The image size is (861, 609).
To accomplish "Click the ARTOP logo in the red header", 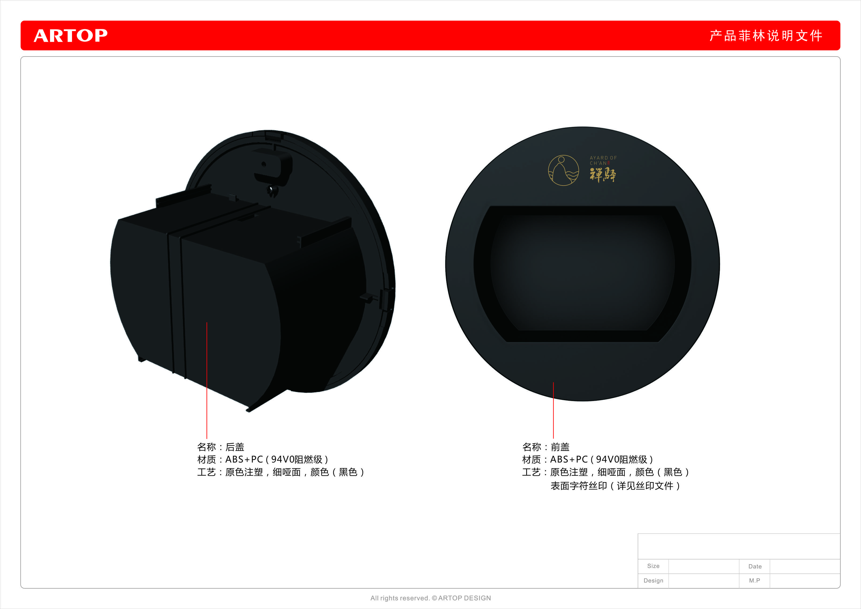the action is [70, 36].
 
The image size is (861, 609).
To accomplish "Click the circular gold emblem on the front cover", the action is [563, 170].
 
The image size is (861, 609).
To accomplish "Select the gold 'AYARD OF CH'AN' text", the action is [603, 161].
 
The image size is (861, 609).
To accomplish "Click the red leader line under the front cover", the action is [553, 410].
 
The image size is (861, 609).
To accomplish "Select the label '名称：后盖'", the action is [221, 447].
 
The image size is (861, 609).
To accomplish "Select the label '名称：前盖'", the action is [546, 447].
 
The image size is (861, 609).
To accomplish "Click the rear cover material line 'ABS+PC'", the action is [263, 459].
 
